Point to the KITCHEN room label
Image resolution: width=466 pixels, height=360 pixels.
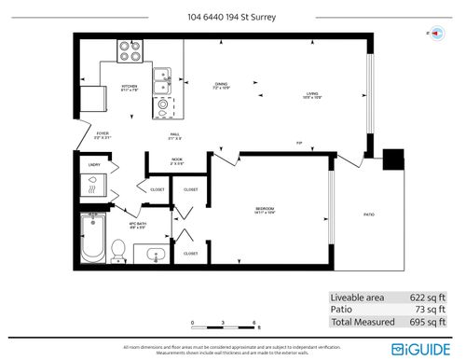point(129,89)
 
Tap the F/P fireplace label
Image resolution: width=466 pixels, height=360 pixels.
point(299,143)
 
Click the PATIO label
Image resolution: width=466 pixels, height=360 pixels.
point(368,214)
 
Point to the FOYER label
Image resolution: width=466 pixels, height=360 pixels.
point(103,135)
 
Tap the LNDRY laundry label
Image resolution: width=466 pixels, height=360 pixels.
point(93,164)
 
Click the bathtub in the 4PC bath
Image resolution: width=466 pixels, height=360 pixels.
point(92,238)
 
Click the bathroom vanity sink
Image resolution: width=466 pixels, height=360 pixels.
point(155,253)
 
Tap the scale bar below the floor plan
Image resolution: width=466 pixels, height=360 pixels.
point(224,325)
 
